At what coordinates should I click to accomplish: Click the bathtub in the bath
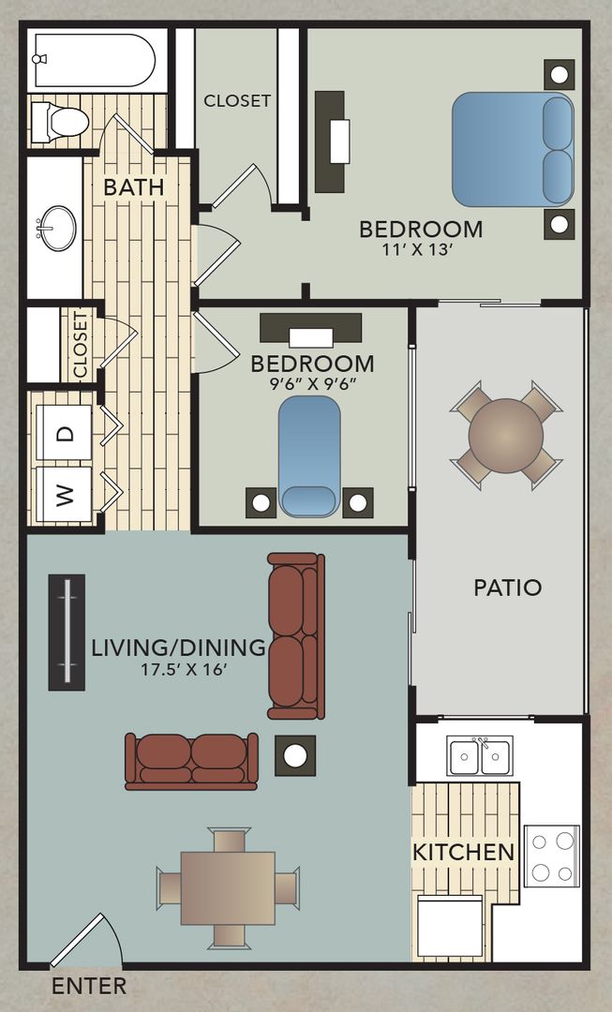pyautogui.click(x=94, y=61)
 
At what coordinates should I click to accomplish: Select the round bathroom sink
pyautogui.click(x=55, y=228)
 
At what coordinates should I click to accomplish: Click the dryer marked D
pyautogui.click(x=65, y=433)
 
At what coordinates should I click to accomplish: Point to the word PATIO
pyautogui.click(x=507, y=588)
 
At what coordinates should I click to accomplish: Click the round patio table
pyautogui.click(x=505, y=436)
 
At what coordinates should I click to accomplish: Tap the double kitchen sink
pyautogui.click(x=480, y=756)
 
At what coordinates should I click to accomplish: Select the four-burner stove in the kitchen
pyautogui.click(x=551, y=855)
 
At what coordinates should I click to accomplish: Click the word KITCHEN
pyautogui.click(x=464, y=852)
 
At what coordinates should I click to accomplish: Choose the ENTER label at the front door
pyautogui.click(x=88, y=986)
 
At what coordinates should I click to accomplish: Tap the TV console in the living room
pyautogui.click(x=67, y=632)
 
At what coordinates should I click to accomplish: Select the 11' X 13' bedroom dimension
pyautogui.click(x=421, y=250)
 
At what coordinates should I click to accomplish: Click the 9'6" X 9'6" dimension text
pyautogui.click(x=312, y=382)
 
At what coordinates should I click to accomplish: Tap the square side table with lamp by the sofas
pyautogui.click(x=295, y=755)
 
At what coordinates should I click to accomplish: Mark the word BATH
pyautogui.click(x=133, y=186)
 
